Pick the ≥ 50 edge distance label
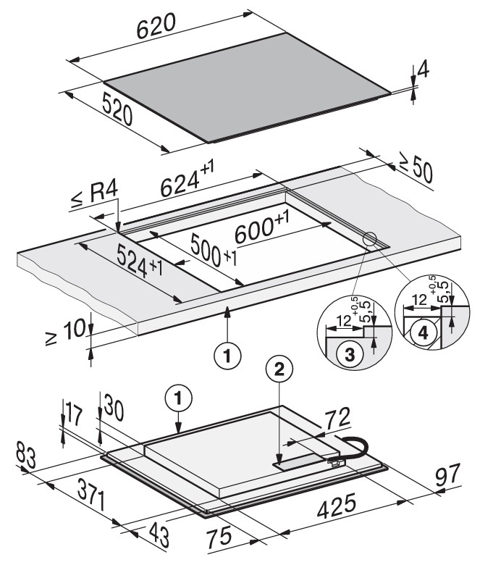click(x=416, y=171)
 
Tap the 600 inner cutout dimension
click(x=264, y=231)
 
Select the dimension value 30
click(x=112, y=406)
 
